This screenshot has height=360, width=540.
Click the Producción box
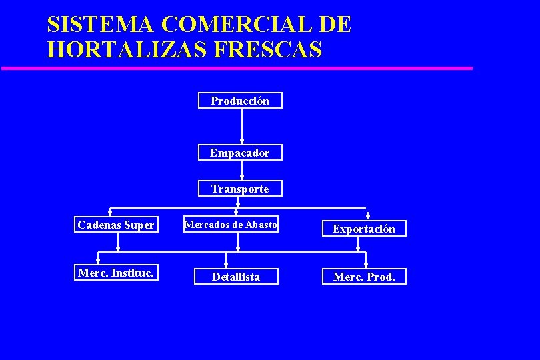click(x=240, y=101)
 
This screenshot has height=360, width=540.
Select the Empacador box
click(x=240, y=153)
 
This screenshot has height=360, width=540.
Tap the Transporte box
click(x=240, y=189)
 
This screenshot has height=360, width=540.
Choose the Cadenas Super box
click(x=116, y=225)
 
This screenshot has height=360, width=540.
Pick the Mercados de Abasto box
click(x=231, y=225)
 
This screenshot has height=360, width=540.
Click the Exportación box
click(x=364, y=229)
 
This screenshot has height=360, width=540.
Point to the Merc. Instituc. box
click(x=116, y=273)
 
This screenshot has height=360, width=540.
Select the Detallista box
click(x=236, y=277)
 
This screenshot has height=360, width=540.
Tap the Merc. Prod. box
click(x=364, y=277)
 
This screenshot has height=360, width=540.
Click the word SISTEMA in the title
click(x=101, y=25)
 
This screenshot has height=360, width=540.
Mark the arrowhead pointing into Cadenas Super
click(x=110, y=213)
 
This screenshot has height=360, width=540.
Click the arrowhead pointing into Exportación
click(x=368, y=216)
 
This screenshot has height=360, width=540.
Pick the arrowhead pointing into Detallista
click(x=226, y=265)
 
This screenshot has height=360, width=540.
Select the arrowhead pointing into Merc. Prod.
click(x=365, y=265)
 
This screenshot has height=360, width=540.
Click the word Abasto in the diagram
click(x=261, y=225)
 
